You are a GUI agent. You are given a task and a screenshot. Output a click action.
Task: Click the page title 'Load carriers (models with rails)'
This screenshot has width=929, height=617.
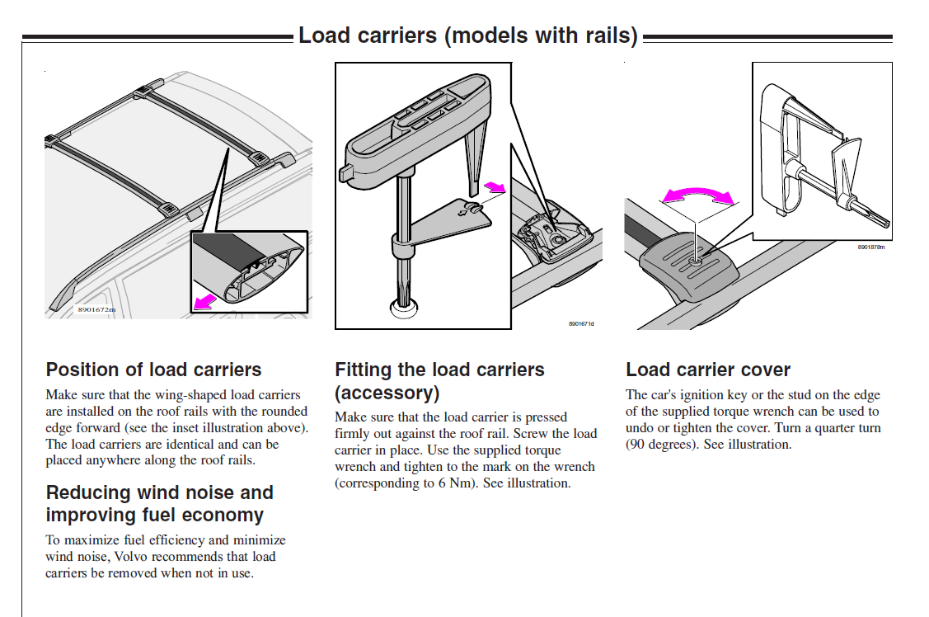[x=467, y=35]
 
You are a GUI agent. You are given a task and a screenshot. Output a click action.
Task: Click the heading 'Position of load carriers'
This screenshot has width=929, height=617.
[x=153, y=370]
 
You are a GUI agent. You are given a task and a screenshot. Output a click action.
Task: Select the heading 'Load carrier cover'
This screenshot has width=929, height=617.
[x=707, y=370]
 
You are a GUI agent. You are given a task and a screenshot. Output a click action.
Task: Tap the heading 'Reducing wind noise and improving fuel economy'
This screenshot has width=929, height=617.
[x=159, y=504]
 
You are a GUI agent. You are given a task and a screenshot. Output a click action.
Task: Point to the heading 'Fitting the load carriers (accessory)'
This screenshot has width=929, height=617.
[x=439, y=380]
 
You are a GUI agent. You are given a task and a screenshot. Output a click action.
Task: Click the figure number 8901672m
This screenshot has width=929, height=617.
[x=96, y=309]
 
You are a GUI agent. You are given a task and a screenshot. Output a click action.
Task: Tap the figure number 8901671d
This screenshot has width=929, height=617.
[x=580, y=323]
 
